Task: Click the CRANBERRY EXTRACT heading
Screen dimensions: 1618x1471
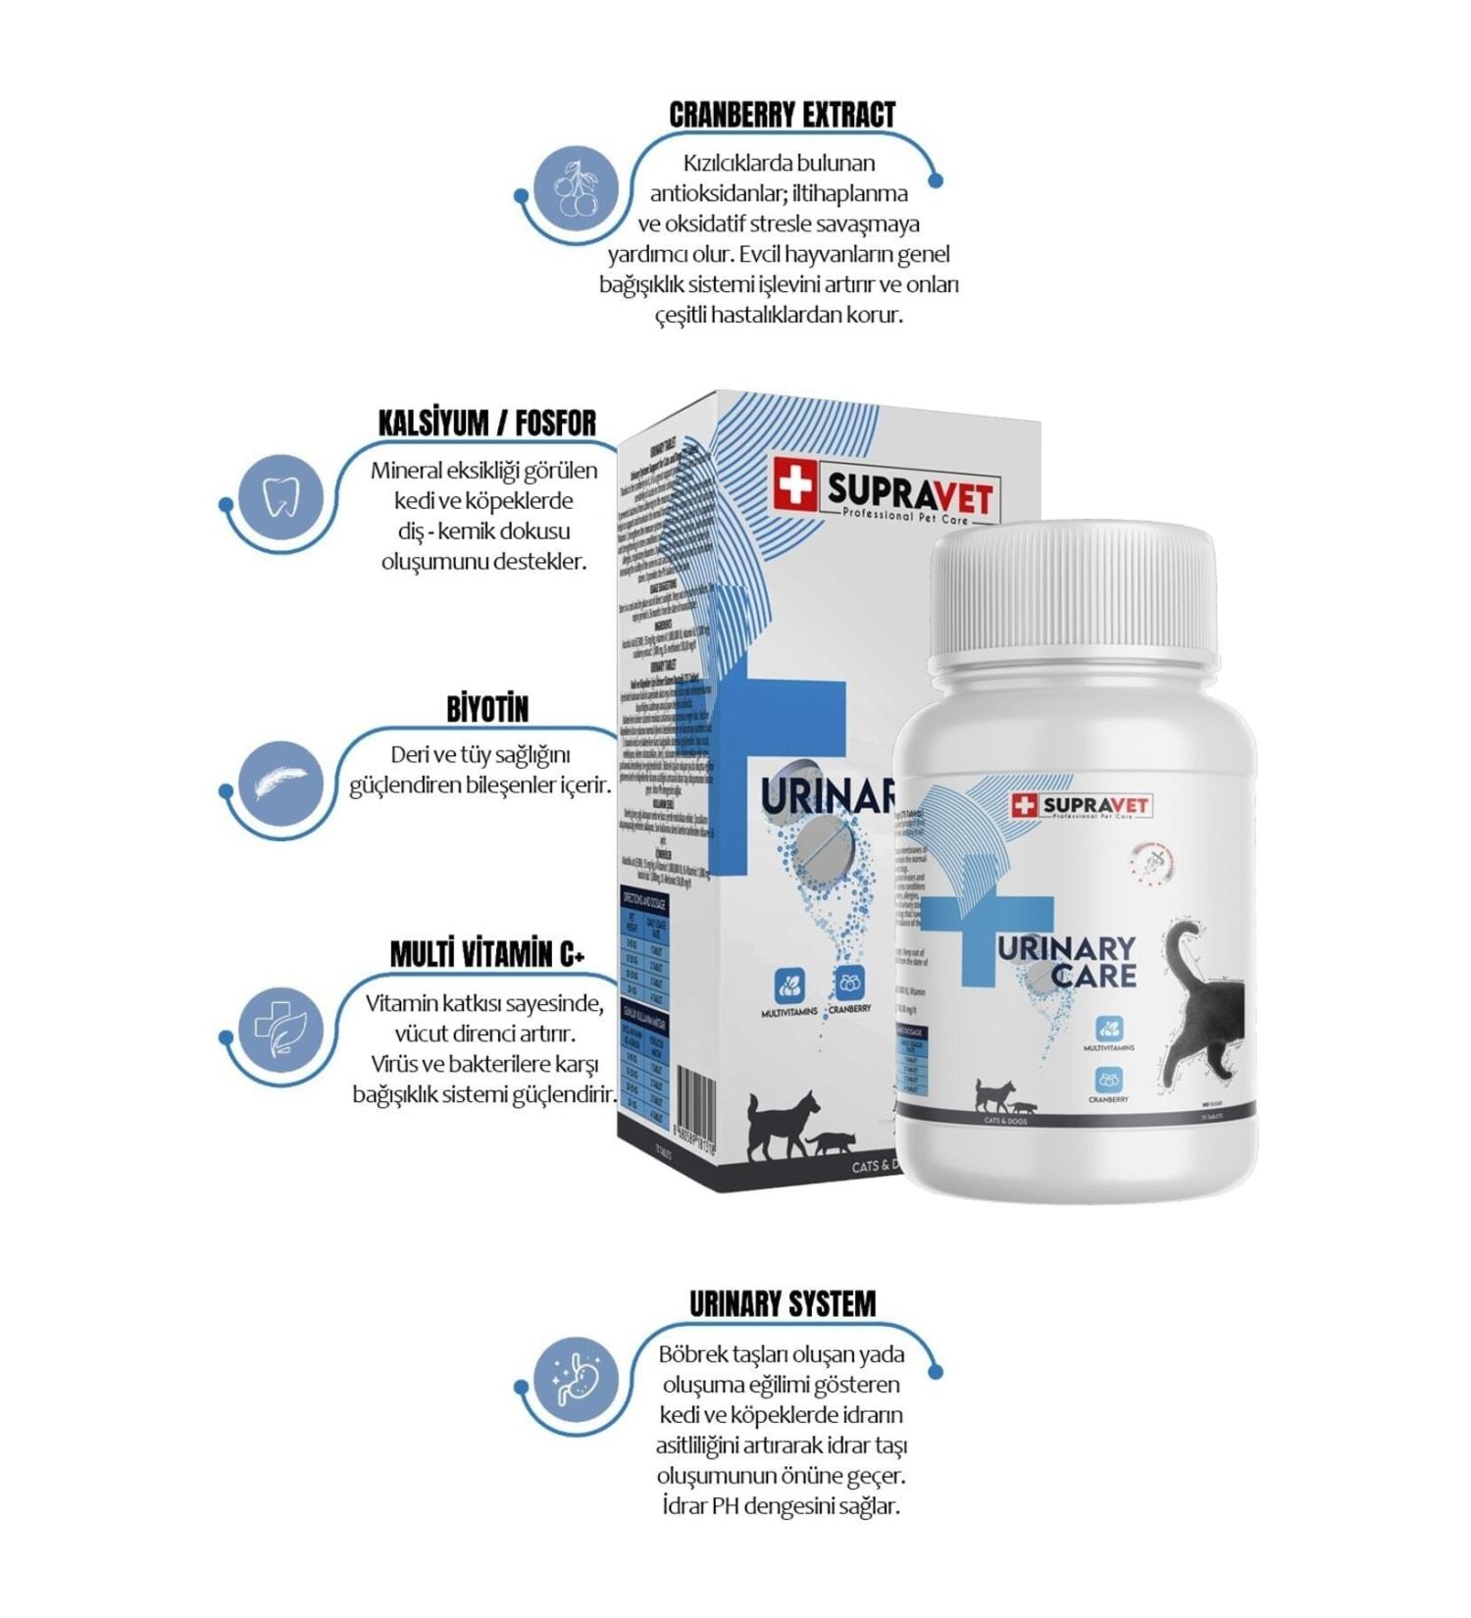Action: (782, 115)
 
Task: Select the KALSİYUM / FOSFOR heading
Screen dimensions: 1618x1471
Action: (487, 424)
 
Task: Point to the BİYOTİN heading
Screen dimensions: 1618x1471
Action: (487, 709)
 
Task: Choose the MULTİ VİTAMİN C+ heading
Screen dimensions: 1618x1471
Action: (487, 954)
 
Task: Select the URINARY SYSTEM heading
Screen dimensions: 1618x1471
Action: (782, 1304)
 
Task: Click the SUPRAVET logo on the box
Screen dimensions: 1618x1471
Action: (884, 487)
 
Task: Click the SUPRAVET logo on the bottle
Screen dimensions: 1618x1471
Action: (1082, 806)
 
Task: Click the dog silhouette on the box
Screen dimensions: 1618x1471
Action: (782, 1123)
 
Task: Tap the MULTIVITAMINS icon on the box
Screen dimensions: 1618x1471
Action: (789, 985)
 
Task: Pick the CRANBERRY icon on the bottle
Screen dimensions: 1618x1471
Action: (1108, 1081)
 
